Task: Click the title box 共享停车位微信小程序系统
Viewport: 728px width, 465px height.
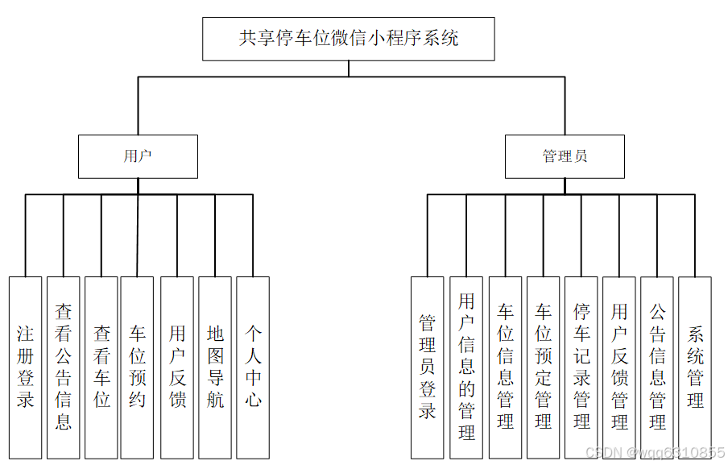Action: point(348,39)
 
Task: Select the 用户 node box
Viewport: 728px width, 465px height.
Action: point(138,156)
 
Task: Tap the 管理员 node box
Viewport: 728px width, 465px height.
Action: point(565,156)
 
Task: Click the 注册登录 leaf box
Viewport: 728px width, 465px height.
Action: point(25,367)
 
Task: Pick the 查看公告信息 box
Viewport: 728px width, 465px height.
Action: point(63,367)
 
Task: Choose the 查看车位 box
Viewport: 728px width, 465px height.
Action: point(101,367)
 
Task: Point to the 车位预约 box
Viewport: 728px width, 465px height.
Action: point(137,367)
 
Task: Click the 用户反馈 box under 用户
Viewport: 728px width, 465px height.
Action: point(177,367)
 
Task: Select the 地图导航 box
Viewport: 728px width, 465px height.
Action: point(215,367)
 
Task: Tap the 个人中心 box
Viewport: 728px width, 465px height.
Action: point(253,367)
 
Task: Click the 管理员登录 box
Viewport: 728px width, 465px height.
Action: point(427,367)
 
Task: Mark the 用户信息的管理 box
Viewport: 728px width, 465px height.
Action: point(466,367)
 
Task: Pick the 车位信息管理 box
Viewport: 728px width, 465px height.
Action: point(505,367)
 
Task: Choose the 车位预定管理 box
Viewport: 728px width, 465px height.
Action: point(543,367)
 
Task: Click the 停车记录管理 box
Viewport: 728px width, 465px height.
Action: point(581,367)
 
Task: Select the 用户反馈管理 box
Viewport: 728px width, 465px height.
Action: point(618,367)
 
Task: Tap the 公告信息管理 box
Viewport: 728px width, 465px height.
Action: point(657,367)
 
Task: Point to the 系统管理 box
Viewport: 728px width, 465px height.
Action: point(695,367)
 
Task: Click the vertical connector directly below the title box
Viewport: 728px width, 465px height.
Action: point(349,69)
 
